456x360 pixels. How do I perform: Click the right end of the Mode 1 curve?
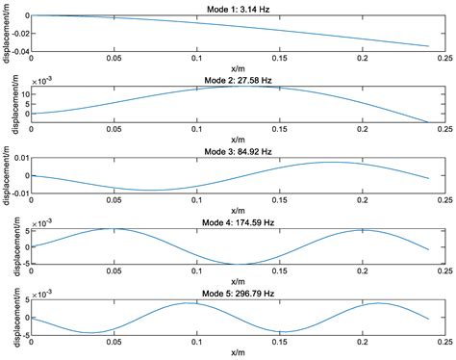point(427,46)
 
